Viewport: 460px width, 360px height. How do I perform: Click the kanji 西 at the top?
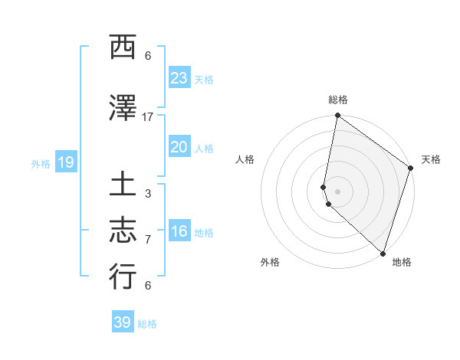pyautogui.click(x=123, y=48)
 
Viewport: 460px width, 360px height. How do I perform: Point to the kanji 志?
pyautogui.click(x=123, y=230)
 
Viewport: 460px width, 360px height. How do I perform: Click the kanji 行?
pyautogui.click(x=123, y=277)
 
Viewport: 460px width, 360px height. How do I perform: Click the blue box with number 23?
pyautogui.click(x=179, y=78)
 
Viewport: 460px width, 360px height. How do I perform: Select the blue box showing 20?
pyautogui.click(x=179, y=148)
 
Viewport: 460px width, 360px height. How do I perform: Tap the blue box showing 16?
pyautogui.click(x=179, y=231)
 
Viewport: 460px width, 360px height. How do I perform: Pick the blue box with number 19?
pyautogui.click(x=65, y=162)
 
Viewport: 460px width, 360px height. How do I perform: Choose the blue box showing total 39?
pyautogui.click(x=123, y=322)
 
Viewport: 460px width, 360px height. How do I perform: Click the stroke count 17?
pyautogui.click(x=148, y=117)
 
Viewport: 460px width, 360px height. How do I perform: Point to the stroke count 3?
pyautogui.click(x=148, y=194)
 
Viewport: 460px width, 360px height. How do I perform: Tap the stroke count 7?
pyautogui.click(x=148, y=240)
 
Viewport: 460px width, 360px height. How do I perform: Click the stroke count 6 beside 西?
pyautogui.click(x=148, y=56)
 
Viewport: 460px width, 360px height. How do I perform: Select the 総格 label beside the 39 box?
pyautogui.click(x=147, y=324)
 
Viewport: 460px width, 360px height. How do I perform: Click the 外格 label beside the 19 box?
pyautogui.click(x=41, y=163)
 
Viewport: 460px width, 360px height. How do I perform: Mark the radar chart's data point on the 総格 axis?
pyautogui.click(x=337, y=116)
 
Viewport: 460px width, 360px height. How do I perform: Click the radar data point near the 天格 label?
pyautogui.click(x=411, y=169)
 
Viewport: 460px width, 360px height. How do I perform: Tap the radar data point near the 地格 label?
pyautogui.click(x=383, y=254)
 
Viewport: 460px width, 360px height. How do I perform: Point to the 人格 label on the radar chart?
pyautogui.click(x=245, y=159)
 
